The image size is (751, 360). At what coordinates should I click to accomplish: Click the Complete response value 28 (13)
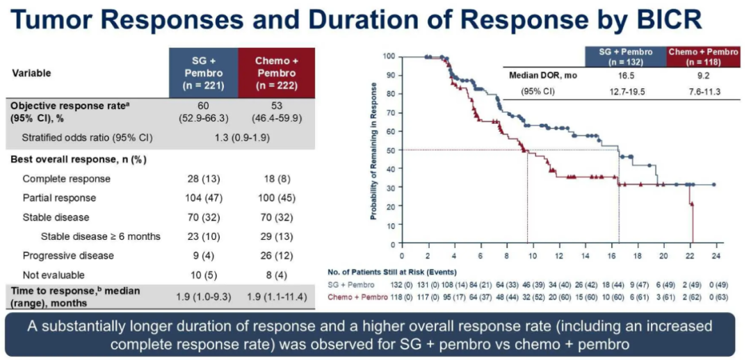[204, 179]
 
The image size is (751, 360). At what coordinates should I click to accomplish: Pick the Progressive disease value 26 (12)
[276, 255]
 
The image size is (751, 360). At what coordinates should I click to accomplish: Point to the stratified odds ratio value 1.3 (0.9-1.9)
[240, 138]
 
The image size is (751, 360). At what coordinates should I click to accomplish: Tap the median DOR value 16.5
[627, 75]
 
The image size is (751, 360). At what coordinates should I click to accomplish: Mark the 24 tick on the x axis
[714, 255]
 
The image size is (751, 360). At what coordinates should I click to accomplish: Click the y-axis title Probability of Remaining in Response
[373, 150]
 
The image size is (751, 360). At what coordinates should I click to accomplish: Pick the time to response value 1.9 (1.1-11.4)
[276, 297]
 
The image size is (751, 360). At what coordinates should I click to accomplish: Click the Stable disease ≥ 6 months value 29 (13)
[276, 236]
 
